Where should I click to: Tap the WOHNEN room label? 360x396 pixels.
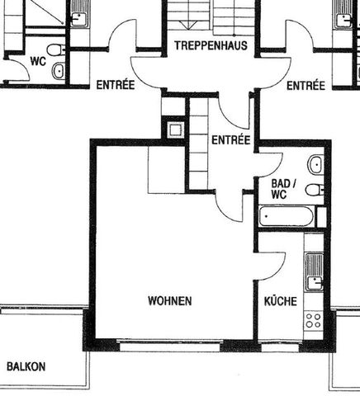pos(170,301)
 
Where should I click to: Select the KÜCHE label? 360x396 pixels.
pos(280,302)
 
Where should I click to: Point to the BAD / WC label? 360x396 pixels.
pos(279,189)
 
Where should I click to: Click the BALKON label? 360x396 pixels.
pos(26,366)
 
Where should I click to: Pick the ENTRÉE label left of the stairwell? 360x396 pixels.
pos(116,86)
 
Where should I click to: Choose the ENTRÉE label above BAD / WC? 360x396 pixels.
pos(230,140)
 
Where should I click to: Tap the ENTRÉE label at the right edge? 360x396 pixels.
pos(306,86)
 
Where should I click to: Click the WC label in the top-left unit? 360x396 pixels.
pos(37,61)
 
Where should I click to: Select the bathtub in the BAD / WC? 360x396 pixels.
pos(286,219)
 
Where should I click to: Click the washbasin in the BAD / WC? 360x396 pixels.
pos(315,165)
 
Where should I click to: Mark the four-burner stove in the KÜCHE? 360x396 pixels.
pos(313,319)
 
